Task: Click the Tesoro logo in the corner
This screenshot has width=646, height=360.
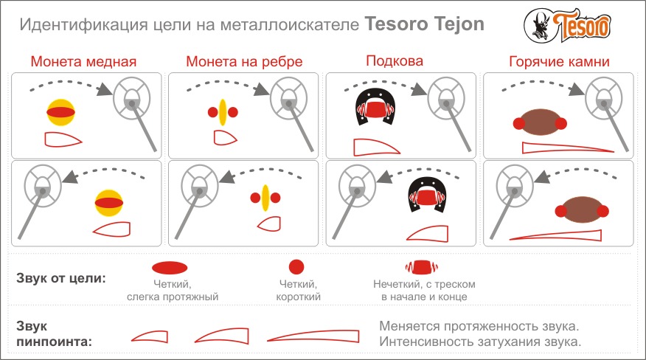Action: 567,26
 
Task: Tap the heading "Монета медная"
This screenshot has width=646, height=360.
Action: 83,61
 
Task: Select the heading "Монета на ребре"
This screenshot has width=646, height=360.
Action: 244,61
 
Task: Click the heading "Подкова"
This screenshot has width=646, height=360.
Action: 395,61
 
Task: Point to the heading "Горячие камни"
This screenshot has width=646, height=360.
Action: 559,61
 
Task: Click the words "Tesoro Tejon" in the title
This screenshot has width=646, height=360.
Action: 424,24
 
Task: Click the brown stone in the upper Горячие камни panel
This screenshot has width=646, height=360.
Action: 540,122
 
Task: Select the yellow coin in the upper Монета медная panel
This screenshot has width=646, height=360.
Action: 61,111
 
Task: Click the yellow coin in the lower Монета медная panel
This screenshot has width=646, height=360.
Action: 109,202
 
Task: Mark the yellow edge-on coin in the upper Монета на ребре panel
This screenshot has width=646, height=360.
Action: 223,111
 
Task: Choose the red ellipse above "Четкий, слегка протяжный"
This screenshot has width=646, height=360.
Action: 170,268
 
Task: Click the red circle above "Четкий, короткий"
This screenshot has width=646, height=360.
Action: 296,267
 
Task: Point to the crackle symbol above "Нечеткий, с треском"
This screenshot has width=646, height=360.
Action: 422,267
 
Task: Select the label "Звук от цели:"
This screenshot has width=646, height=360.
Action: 61,278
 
